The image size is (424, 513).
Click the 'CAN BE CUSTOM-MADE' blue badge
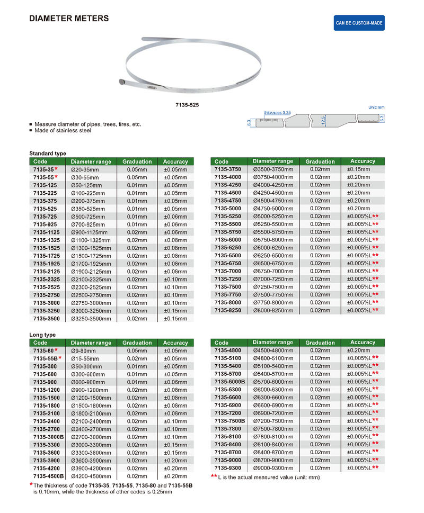[x=359, y=24]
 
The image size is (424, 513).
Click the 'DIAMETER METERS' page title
[x=69, y=19]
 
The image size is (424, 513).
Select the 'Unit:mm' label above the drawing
[x=376, y=107]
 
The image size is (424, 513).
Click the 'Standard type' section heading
[x=48, y=153]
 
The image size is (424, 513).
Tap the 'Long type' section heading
[x=42, y=335]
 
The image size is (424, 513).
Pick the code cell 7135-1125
[x=47, y=232]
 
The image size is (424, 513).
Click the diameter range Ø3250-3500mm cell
[x=91, y=319]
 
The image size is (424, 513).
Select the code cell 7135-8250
[x=228, y=310]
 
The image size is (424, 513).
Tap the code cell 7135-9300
[x=228, y=468]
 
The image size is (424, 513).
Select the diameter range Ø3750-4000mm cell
[x=273, y=177]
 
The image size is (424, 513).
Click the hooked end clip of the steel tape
[x=122, y=82]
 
